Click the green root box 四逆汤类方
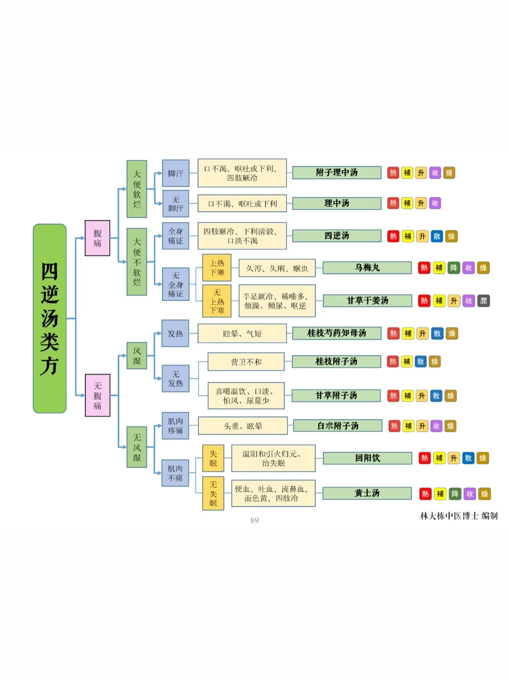[x=49, y=318]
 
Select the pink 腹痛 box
[x=97, y=238]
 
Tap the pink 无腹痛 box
[x=97, y=395]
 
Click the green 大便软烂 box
[x=137, y=189]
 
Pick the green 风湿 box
[x=137, y=356]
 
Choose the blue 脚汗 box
[x=175, y=174]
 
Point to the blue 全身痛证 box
[x=175, y=236]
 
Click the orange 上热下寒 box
[x=217, y=268]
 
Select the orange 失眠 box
[x=213, y=458]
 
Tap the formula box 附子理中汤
[x=337, y=173]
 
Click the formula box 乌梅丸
[x=367, y=268]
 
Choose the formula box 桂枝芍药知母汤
[x=337, y=333]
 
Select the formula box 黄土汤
[x=367, y=493]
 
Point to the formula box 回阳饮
[x=367, y=458]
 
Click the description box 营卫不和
[x=246, y=362]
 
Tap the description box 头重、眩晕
[x=243, y=426]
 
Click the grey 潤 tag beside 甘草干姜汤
[x=483, y=301]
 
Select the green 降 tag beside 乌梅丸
[x=453, y=268]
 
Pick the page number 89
[x=254, y=521]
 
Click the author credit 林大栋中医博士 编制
[x=459, y=516]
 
